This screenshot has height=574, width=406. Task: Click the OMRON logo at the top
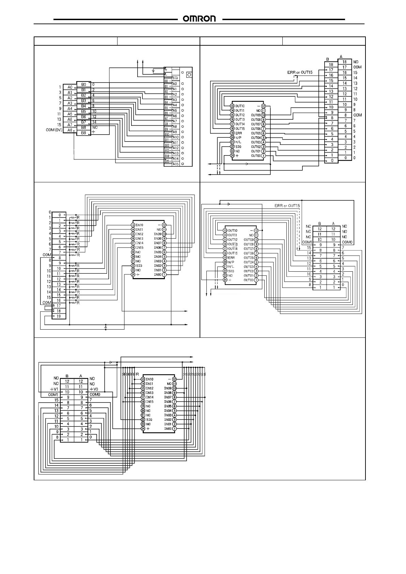(200, 19)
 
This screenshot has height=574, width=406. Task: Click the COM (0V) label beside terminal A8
(54, 130)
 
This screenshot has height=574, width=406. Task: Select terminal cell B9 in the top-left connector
(83, 133)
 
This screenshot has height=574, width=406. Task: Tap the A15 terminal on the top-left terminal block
(175, 164)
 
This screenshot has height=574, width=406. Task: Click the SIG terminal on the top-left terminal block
(175, 78)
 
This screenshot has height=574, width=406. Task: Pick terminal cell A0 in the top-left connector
(70, 87)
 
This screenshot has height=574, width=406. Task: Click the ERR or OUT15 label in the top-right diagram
(299, 72)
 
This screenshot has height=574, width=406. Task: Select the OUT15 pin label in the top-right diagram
(240, 129)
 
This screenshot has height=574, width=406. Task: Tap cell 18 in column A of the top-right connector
(344, 62)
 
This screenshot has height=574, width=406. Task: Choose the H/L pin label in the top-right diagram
(238, 142)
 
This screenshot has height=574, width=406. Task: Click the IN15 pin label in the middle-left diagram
(140, 247)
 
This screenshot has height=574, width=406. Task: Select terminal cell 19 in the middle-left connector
(59, 316)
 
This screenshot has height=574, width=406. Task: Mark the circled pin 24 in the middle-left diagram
(133, 274)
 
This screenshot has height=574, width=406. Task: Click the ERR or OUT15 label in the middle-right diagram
(287, 206)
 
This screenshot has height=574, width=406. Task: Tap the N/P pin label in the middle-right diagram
(231, 262)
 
